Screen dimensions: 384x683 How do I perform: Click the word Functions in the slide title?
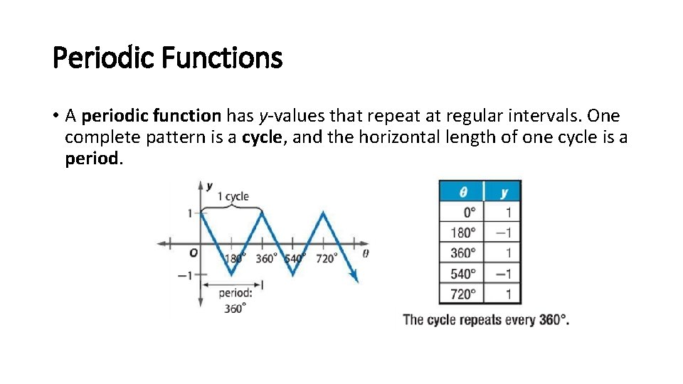(222, 58)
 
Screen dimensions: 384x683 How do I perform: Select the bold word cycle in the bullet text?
(262, 137)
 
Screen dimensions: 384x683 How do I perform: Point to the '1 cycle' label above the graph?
(233, 196)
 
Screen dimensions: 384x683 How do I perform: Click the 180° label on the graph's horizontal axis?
(235, 258)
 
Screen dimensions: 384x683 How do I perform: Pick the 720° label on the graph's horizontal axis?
(325, 258)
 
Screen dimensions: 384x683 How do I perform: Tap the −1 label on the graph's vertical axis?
(184, 275)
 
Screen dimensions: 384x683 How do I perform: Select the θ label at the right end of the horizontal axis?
(366, 253)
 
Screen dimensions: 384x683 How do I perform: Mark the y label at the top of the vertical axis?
(209, 186)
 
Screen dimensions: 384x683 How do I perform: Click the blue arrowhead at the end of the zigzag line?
(354, 276)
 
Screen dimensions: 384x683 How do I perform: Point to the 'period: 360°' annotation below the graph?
(234, 299)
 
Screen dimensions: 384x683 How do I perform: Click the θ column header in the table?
(462, 191)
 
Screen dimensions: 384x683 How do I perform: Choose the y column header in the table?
(504, 191)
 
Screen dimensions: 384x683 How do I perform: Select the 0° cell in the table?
(469, 212)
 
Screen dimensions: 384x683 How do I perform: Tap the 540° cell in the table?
(463, 274)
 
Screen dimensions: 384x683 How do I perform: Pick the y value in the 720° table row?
(508, 294)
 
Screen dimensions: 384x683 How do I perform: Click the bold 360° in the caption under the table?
(554, 320)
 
